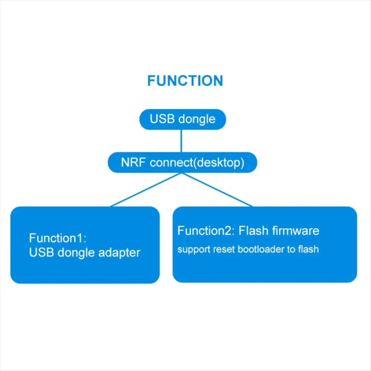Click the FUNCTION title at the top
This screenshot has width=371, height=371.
185,80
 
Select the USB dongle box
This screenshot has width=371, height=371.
182,119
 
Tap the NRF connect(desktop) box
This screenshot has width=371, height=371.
182,162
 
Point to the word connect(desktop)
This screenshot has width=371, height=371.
197,163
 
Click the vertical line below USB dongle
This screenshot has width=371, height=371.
181,141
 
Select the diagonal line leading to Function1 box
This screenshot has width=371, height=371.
146,190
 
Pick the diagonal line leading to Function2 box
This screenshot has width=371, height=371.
217,190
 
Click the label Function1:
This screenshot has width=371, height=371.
58,238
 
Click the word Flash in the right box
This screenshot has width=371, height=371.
254,231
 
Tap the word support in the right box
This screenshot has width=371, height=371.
194,250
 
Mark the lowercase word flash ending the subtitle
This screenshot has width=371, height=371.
309,249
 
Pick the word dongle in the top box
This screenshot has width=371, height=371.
197,120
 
